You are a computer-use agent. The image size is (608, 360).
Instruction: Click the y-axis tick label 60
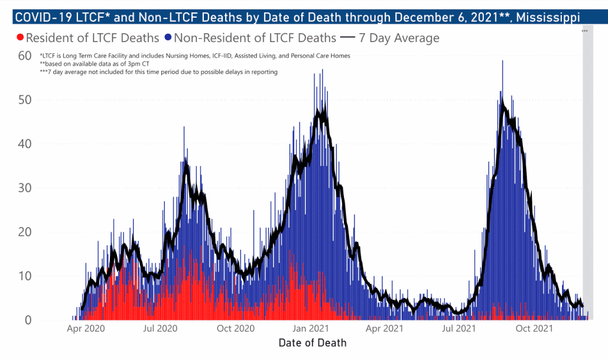click(25, 56)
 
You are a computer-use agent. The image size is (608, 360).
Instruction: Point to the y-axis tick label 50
click(25, 100)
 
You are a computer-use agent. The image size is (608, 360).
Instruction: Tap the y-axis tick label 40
click(25, 144)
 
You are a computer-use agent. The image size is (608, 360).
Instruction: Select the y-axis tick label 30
click(25, 188)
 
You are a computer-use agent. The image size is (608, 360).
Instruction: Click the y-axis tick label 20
click(25, 232)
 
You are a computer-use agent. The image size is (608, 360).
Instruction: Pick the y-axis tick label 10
click(25, 277)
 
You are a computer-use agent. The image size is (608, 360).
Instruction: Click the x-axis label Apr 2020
click(86, 328)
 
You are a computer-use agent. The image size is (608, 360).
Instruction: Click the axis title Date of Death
click(313, 342)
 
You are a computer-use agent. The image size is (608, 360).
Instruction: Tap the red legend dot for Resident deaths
click(21, 38)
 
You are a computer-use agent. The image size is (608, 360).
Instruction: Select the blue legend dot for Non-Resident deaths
click(168, 38)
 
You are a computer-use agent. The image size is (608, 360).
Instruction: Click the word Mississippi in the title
click(547, 17)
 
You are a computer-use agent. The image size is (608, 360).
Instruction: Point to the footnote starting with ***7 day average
click(158, 72)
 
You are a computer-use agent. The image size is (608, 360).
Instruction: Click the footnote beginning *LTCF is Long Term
click(195, 56)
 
